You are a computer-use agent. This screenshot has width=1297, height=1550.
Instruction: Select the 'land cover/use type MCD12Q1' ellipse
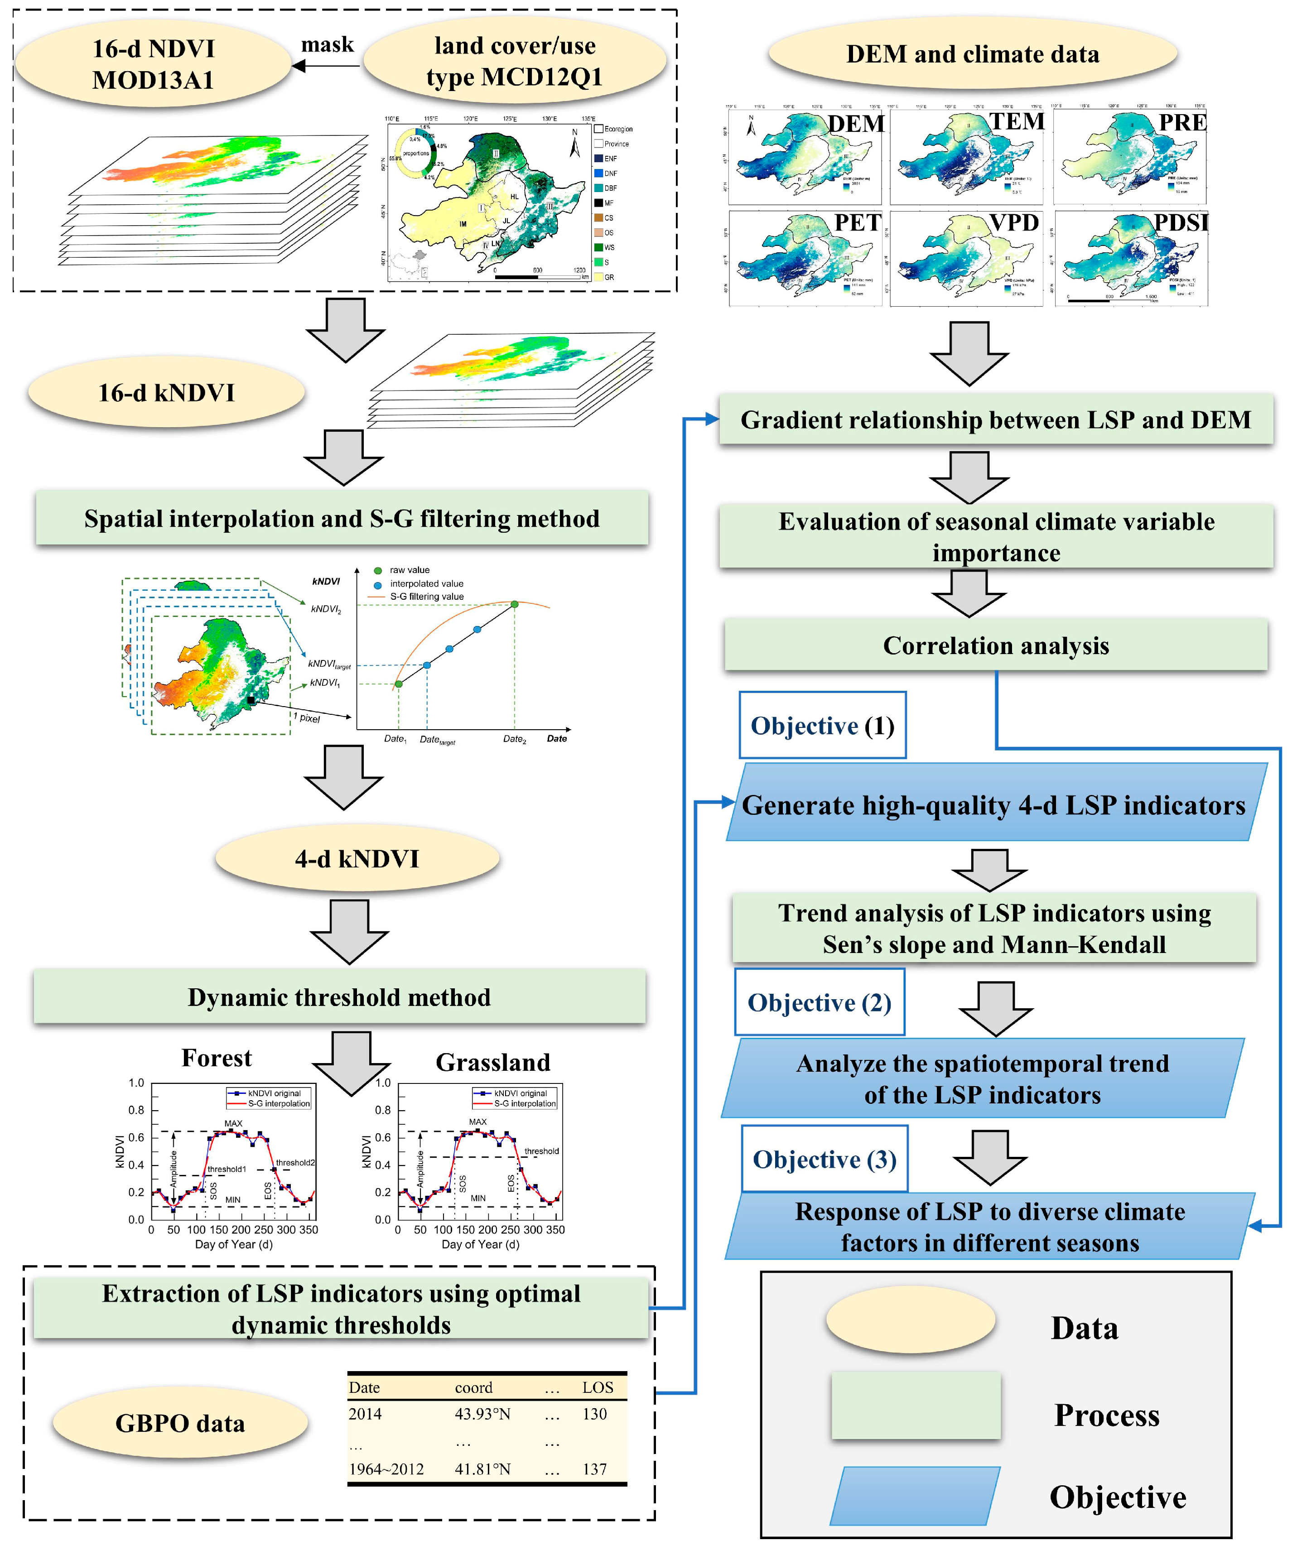pos(515,61)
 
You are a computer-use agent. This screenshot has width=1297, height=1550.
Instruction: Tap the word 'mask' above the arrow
pos(327,44)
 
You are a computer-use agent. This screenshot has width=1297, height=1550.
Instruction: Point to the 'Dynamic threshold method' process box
pos(339,997)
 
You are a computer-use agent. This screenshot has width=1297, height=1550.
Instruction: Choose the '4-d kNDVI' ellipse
pos(357,858)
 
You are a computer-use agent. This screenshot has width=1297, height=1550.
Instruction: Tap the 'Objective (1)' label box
pos(822,726)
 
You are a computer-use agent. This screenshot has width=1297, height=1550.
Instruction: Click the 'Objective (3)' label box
pos(824,1159)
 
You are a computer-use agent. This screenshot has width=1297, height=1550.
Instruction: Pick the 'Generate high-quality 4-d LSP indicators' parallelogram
pos(993,804)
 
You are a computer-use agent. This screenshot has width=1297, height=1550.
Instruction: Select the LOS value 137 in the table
pos(594,1469)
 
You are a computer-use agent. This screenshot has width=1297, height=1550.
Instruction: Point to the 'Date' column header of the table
pos(365,1387)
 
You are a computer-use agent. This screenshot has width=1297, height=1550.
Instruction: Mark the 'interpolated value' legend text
pos(427,583)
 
